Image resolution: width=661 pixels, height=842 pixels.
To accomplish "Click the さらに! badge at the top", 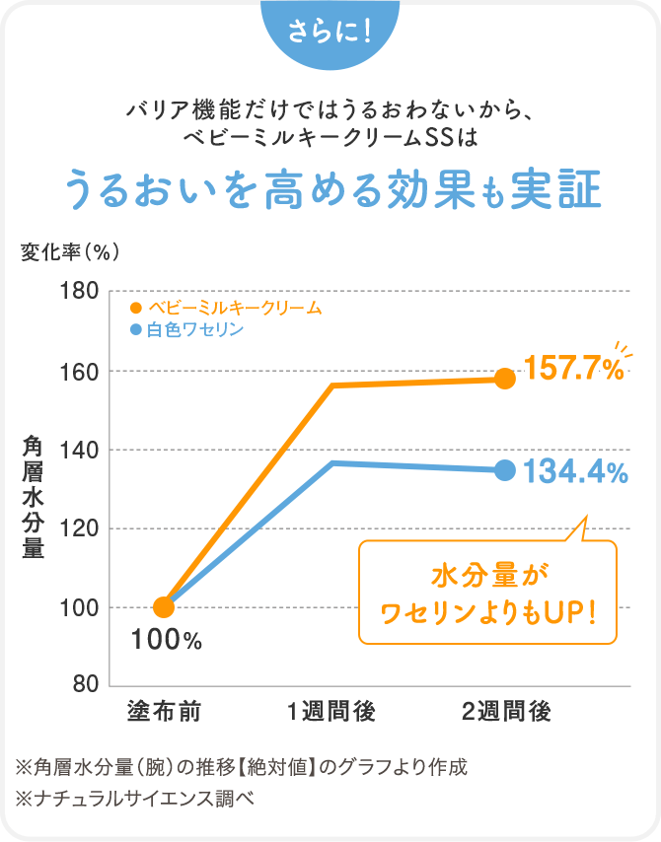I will [330, 33].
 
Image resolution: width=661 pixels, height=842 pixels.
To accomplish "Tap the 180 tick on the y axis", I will [78, 292].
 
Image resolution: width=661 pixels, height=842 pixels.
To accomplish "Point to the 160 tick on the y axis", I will [78, 372].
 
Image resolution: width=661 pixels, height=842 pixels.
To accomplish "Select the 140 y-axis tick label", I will [78, 450].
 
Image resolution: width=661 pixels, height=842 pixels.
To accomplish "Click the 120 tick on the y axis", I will [78, 528].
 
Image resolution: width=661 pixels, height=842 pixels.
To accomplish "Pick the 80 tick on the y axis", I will [83, 684].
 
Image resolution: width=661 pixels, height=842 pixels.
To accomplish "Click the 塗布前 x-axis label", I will [165, 711].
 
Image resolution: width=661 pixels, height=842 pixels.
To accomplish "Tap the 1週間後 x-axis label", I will [331, 711].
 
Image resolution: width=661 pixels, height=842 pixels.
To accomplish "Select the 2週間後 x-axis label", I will [505, 711].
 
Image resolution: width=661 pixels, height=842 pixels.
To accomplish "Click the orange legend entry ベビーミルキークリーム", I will [226, 308].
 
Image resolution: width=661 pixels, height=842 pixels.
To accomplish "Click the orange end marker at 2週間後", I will [505, 379].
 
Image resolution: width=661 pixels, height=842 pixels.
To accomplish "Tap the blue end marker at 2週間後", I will [505, 470].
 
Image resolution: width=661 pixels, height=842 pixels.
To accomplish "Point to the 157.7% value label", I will [573, 370].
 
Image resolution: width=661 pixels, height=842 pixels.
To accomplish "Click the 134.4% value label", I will [575, 471].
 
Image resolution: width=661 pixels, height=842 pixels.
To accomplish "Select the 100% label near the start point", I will [166, 642].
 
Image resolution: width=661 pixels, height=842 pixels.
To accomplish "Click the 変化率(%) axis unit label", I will [70, 251].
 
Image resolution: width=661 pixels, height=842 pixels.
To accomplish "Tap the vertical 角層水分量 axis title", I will [34, 497].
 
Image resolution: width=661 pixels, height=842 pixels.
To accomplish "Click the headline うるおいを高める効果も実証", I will [330, 189].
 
